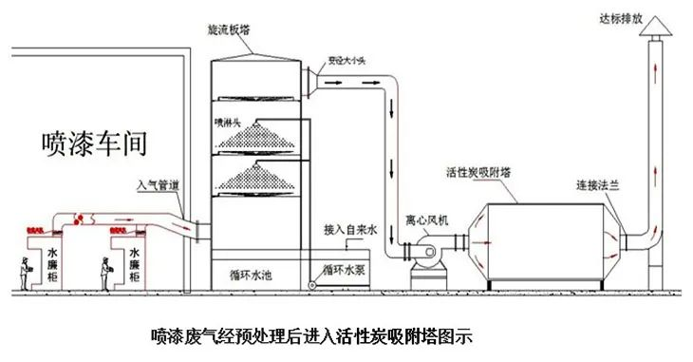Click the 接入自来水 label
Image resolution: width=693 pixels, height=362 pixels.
coord(351,229)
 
